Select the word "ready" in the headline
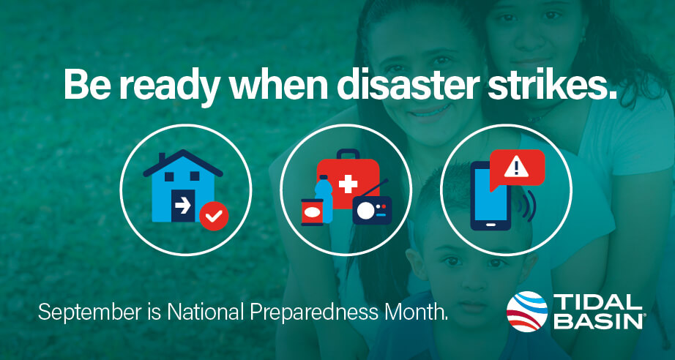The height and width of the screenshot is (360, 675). tap(167, 86)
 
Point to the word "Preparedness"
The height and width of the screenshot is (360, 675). tap(315, 312)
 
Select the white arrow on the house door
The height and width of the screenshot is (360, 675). tap(183, 207)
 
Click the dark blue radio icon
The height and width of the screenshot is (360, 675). tap(372, 210)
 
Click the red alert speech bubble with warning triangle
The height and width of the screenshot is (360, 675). tap(518, 168)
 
